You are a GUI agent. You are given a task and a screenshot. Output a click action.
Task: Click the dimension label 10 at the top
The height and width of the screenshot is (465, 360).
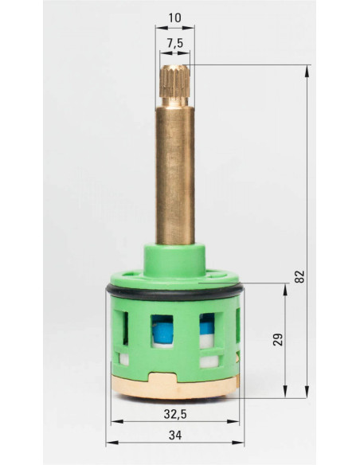pos(174,18)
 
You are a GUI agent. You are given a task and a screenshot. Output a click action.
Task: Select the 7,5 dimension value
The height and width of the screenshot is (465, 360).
pos(175,43)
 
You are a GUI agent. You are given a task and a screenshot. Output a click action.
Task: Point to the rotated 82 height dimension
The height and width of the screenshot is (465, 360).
pos(300,276)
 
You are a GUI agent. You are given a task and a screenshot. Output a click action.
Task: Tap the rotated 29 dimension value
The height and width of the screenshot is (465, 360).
pos(278,339)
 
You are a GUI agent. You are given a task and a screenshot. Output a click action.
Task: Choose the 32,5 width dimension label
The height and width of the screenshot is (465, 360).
pos(175,414)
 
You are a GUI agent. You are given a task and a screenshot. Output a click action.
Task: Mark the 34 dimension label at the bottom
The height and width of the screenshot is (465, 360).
pos(175,436)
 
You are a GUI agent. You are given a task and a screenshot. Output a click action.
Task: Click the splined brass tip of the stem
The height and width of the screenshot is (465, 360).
pos(174,81)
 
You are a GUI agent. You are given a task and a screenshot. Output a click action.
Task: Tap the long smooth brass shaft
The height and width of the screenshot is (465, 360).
pos(175,175)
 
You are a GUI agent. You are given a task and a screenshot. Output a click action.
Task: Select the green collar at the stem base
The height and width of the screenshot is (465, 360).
pos(174,260)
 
